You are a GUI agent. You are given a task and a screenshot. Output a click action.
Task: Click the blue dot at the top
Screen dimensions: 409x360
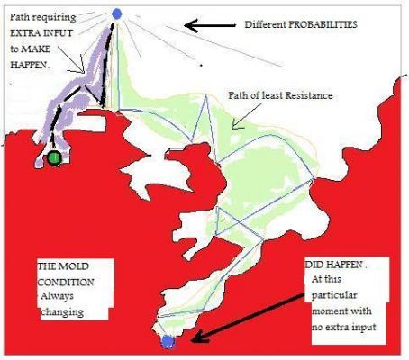(116, 13)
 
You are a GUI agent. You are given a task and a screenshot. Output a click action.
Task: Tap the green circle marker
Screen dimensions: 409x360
(54, 157)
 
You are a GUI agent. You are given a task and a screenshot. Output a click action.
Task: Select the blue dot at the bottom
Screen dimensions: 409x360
(168, 341)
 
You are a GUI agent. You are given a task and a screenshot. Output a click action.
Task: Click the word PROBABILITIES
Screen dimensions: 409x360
(323, 24)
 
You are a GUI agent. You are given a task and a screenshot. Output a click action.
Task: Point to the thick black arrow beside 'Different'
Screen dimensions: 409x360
(210, 25)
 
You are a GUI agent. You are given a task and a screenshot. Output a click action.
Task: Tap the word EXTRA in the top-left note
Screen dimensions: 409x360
(24, 33)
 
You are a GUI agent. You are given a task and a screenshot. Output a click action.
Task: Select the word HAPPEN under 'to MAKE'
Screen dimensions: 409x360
(29, 65)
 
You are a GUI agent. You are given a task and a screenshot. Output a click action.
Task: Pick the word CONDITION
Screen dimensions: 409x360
(66, 282)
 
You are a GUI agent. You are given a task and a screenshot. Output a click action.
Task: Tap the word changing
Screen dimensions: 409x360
(62, 312)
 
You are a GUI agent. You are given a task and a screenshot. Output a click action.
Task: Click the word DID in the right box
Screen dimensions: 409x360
(314, 265)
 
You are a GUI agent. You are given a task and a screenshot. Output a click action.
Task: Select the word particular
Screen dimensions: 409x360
(334, 295)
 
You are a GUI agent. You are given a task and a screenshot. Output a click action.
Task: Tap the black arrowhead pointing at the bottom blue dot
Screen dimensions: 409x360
(198, 336)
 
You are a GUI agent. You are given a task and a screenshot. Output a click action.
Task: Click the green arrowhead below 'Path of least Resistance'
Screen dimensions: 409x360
(237, 125)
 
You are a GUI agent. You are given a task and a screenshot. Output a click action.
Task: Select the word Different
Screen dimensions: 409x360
(265, 24)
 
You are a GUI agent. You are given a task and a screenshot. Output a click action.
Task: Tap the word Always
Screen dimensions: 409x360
(57, 297)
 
